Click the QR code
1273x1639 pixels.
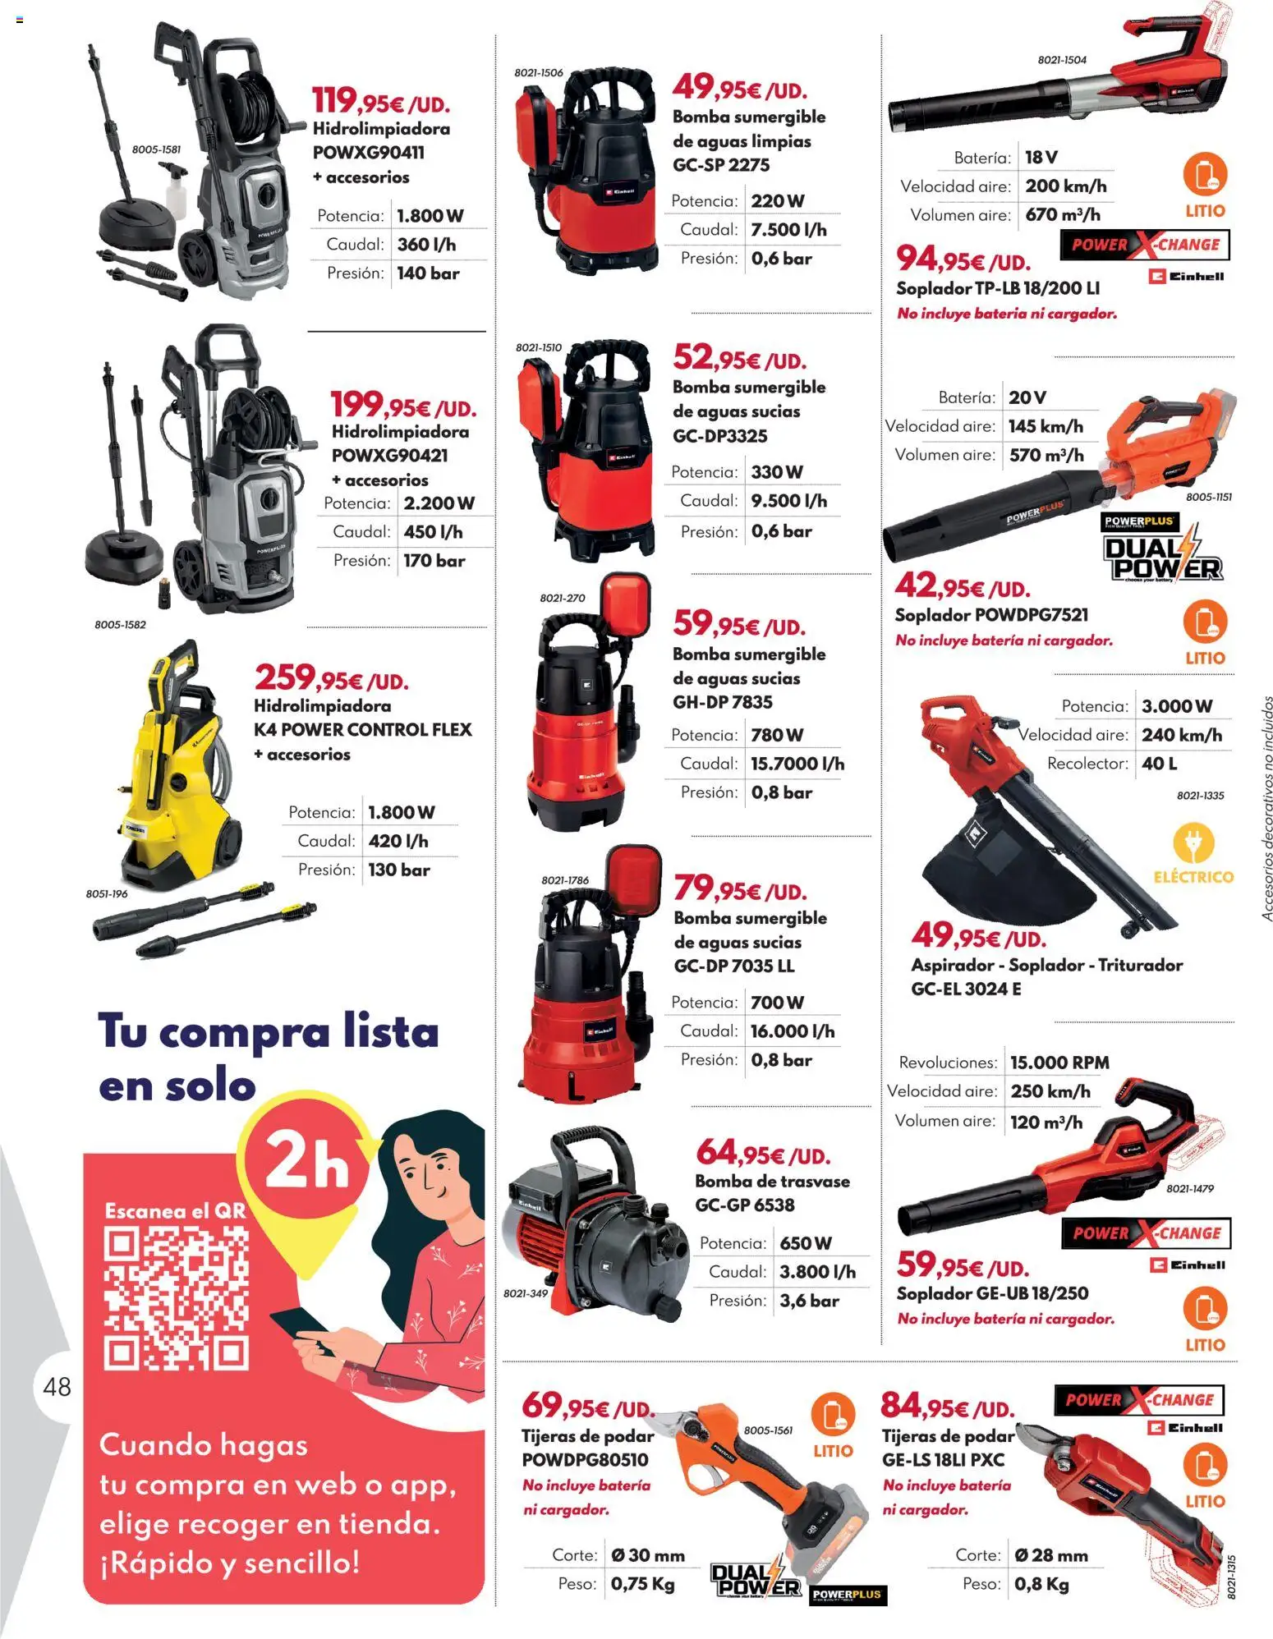point(176,1297)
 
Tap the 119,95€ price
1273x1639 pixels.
point(380,101)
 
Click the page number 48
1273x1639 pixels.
point(57,1387)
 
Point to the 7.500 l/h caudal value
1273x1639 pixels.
point(788,230)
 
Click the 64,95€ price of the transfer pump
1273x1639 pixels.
point(763,1154)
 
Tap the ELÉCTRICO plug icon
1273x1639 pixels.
point(1193,843)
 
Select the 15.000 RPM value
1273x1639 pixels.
point(1059,1063)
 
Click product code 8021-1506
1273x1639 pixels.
point(539,73)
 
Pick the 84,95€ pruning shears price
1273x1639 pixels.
point(947,1407)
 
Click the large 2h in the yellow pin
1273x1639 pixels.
point(307,1161)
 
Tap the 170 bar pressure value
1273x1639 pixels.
point(434,562)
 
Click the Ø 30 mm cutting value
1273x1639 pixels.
point(648,1555)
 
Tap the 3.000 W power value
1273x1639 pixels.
point(1177,706)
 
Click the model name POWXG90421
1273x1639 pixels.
point(389,456)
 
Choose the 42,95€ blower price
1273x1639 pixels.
point(962,586)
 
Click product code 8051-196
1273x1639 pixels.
point(107,893)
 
